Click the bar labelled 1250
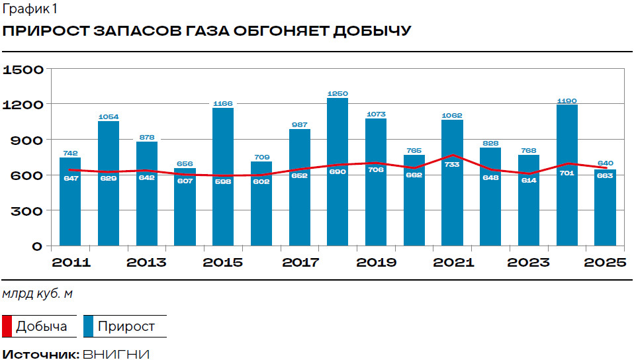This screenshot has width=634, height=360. tap(338, 172)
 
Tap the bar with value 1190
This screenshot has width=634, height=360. tap(567, 175)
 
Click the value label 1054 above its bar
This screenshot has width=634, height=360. tap(109, 117)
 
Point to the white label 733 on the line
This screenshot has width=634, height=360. tap(453, 165)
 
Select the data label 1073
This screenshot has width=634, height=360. tap(376, 114)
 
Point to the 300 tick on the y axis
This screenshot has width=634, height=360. tap(29, 211)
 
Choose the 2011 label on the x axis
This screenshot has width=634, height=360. tap(71, 263)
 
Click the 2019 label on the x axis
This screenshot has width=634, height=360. tap(376, 263)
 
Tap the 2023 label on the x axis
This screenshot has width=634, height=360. tap(528, 263)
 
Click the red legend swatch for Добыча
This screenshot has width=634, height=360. tap(7, 327)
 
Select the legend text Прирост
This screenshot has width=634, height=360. tap(126, 327)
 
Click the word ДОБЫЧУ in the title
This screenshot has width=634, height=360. tap(371, 32)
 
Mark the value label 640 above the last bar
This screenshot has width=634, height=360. tap(606, 163)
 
